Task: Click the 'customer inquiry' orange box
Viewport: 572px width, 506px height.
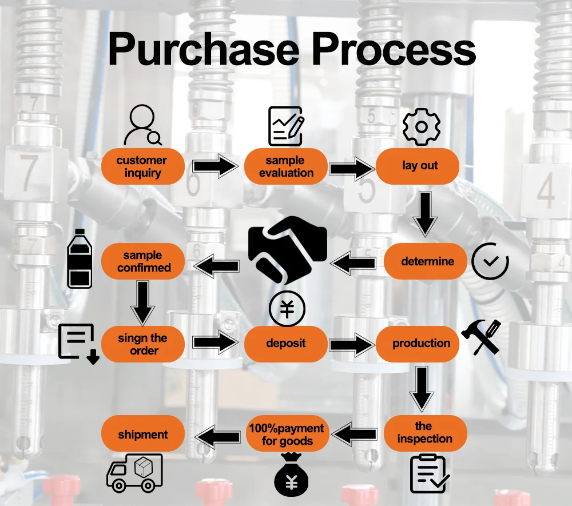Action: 142,166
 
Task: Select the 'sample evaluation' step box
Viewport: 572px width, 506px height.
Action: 286,166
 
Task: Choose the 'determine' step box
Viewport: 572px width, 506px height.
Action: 427,262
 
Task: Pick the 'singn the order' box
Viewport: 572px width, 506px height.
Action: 143,344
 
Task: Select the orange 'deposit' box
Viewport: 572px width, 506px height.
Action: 286,344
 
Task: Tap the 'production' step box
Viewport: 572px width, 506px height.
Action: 421,344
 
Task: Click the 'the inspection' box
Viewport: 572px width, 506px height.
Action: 425,433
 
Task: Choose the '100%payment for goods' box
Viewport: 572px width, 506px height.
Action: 287,435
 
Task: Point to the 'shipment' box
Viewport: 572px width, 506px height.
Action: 143,435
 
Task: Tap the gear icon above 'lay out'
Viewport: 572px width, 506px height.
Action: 421,126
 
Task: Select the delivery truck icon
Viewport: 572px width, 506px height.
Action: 135,472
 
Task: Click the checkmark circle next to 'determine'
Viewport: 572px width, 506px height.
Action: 490,261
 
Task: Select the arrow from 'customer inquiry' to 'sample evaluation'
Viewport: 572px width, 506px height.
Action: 214,166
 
